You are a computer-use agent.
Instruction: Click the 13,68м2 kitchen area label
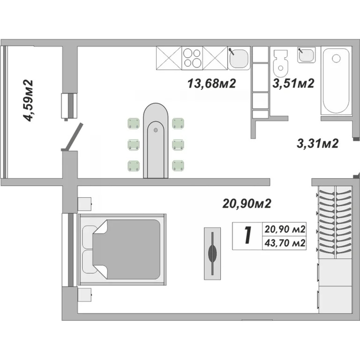click(211, 84)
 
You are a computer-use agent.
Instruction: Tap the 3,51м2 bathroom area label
click(293, 83)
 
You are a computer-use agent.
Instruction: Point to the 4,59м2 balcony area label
click(29, 101)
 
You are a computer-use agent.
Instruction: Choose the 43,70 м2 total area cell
click(285, 243)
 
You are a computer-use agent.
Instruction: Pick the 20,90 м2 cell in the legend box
click(285, 230)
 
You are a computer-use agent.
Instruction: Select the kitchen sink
click(239, 58)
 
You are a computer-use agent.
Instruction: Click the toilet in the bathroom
click(280, 64)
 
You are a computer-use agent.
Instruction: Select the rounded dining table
click(155, 140)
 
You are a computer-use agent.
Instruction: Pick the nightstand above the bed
click(84, 205)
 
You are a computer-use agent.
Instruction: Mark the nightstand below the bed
click(84, 294)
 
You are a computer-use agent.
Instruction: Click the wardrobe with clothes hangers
click(335, 221)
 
